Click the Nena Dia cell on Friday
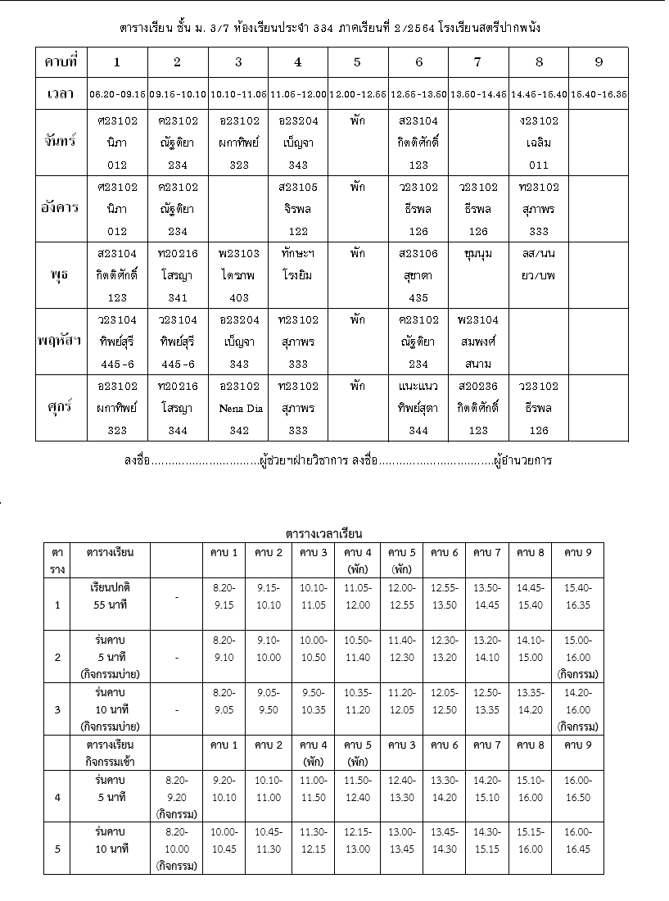pyautogui.click(x=238, y=408)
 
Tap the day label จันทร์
pyautogui.click(x=61, y=142)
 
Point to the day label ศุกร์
pyautogui.click(x=61, y=408)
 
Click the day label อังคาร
pyautogui.click(x=61, y=208)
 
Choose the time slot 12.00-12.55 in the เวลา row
pyautogui.click(x=358, y=94)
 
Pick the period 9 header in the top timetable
pyautogui.click(x=599, y=61)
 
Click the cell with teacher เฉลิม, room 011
pyautogui.click(x=538, y=142)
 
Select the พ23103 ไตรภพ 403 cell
pyautogui.click(x=238, y=275)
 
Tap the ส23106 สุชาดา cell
pyautogui.click(x=418, y=275)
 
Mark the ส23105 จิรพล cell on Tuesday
pyautogui.click(x=298, y=208)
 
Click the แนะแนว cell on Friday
pyautogui.click(x=418, y=408)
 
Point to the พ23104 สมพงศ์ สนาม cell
pyautogui.click(x=478, y=342)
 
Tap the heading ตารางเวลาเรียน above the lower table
pyautogui.click(x=324, y=534)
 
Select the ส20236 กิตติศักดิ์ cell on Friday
pyautogui.click(x=478, y=408)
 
